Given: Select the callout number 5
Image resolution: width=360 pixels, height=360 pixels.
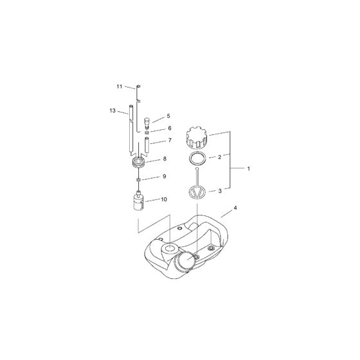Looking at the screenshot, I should (x=168, y=116).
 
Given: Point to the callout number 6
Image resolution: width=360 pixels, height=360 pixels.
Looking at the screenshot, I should (x=169, y=128).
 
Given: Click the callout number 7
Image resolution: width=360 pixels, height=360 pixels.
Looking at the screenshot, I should (x=169, y=139).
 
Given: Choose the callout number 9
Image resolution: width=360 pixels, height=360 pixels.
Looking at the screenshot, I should (x=164, y=176).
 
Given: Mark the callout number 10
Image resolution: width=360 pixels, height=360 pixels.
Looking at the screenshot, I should (x=164, y=200).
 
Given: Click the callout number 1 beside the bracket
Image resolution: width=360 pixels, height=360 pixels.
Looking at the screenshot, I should (x=249, y=168).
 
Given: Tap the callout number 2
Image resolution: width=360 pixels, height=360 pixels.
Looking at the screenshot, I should (x=220, y=157).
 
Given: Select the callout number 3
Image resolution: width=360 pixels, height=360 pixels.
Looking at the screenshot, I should (x=221, y=191).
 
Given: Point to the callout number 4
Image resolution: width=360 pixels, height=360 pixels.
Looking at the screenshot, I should (x=235, y=208).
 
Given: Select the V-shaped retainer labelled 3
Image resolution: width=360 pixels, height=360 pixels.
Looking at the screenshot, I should (x=197, y=192).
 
